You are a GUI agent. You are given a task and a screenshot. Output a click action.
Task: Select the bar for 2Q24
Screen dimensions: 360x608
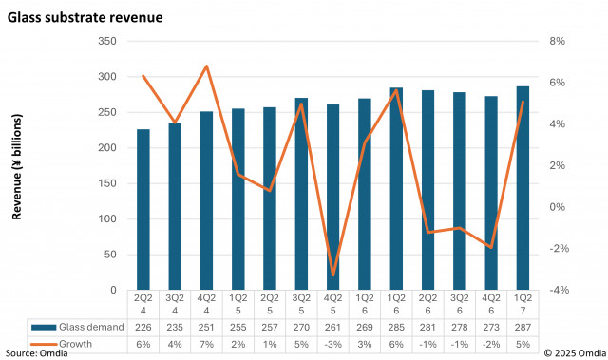(142, 209)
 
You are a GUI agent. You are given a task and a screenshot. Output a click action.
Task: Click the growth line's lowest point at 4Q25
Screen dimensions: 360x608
(332, 275)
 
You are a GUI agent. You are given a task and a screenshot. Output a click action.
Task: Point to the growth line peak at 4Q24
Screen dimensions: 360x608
(206, 66)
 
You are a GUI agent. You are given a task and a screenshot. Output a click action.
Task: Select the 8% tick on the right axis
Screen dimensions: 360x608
(557, 42)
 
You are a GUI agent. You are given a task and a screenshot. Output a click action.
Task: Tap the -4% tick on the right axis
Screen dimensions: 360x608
(557, 290)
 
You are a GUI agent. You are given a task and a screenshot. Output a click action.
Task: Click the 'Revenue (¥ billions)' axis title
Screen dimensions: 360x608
(17, 166)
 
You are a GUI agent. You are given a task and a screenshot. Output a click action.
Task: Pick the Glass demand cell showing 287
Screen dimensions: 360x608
(522, 326)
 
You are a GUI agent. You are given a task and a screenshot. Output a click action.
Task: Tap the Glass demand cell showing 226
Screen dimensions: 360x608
(142, 326)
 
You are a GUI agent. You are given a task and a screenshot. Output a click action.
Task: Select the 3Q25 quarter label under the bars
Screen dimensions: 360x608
(301, 304)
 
